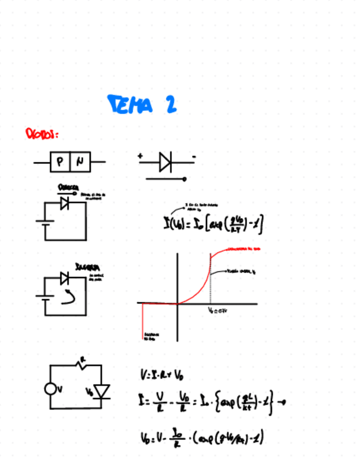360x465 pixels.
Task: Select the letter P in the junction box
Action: tap(60, 162)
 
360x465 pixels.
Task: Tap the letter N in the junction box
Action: tap(80, 162)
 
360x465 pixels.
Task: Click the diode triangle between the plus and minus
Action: tap(165, 162)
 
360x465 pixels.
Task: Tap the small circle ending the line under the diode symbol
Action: tap(184, 179)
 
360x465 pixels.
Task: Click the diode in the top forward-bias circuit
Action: tap(65, 203)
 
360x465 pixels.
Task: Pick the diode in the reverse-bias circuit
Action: tap(65, 278)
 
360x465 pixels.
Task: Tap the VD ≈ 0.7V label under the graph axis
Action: tap(218, 310)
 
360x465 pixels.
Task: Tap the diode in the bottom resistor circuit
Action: tap(102, 391)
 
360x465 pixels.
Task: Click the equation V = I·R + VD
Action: tap(161, 376)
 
